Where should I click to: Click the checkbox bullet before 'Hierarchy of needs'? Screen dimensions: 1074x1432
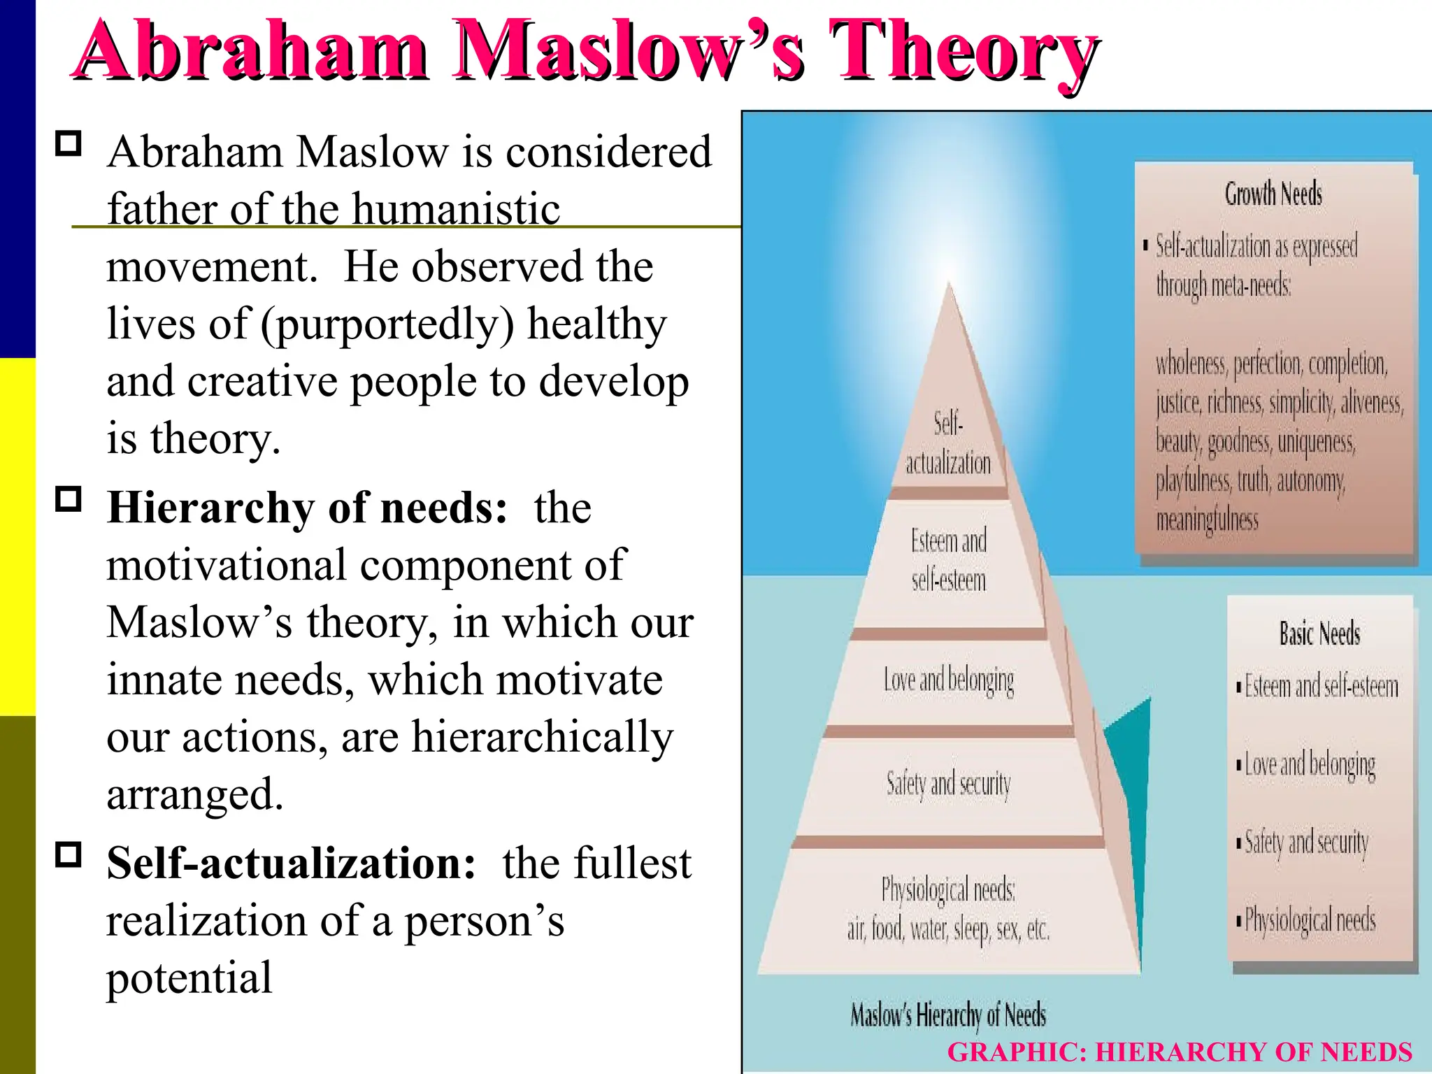69,499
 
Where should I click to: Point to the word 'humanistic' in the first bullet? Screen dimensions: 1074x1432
456,209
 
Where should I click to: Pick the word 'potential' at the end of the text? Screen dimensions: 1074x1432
189,978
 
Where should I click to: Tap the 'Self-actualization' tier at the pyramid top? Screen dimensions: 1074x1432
948,443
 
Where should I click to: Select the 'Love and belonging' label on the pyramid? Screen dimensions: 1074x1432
948,680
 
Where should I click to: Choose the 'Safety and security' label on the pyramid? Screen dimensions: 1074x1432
948,784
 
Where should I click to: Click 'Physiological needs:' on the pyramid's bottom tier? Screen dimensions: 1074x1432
948,890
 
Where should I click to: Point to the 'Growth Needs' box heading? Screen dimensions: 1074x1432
1273,194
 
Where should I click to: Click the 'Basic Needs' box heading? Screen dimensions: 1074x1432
1319,633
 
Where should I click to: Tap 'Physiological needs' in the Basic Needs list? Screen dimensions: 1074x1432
1310,920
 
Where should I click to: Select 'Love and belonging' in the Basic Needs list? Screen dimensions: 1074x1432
1310,765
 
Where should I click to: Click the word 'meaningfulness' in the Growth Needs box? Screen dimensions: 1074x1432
1207,520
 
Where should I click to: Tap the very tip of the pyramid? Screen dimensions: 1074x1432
950,285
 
